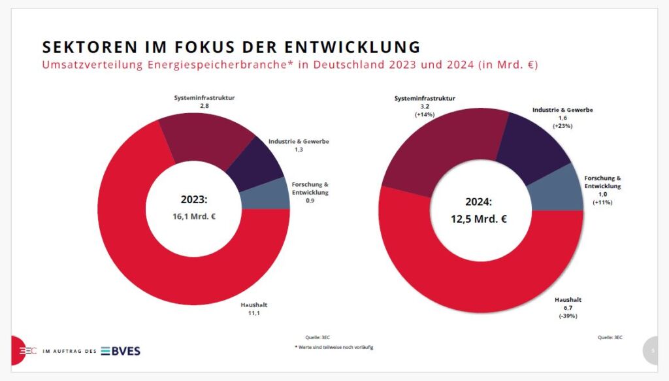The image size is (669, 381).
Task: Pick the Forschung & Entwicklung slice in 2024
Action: point(555,192)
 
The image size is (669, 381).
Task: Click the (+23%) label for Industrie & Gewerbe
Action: point(563,126)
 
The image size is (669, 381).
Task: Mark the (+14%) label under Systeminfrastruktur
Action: point(425,114)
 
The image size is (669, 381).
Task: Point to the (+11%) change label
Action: point(602,203)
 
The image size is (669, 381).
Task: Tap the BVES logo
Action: point(120,351)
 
